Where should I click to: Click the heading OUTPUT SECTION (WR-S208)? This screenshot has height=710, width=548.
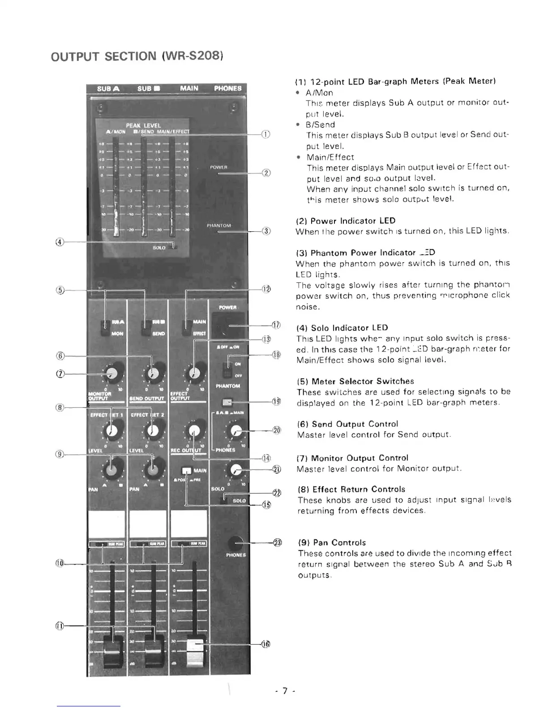(137, 56)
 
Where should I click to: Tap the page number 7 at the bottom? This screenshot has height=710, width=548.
(283, 691)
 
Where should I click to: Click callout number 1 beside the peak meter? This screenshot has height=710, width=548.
(266, 134)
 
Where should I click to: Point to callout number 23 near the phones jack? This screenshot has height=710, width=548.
(278, 543)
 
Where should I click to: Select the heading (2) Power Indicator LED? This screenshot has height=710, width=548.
(346, 221)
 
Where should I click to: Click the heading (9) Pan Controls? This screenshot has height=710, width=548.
(331, 542)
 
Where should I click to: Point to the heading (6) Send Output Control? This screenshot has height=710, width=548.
(347, 424)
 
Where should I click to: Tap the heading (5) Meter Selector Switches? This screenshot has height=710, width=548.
(355, 381)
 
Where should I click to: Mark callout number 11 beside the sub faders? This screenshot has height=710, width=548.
(59, 625)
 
